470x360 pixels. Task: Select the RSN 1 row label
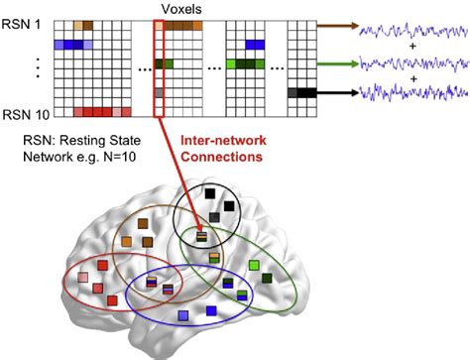[19, 24]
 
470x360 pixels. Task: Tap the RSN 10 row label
[22, 112]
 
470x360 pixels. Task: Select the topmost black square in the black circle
[228, 206]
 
